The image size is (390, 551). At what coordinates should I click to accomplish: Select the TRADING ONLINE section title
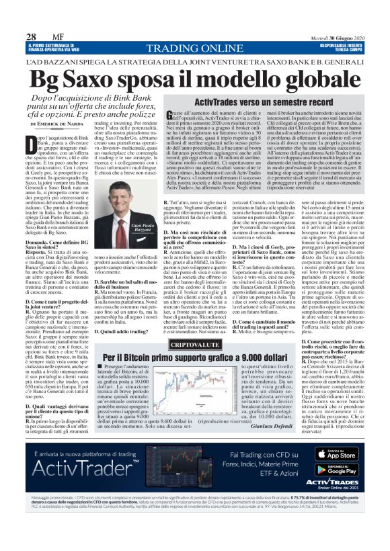[194, 48]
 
